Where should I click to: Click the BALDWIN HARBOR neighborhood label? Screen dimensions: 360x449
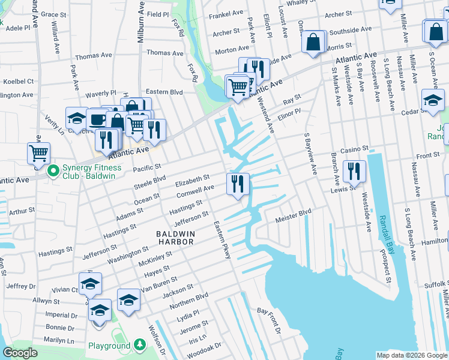[175, 237]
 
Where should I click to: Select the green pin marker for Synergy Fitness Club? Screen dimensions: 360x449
[53, 172]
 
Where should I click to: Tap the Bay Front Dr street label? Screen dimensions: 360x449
[270, 320]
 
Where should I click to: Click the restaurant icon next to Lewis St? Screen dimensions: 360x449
[354, 171]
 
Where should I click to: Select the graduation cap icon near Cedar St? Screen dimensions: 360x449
[432, 99]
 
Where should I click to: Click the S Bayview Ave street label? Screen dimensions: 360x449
[310, 154]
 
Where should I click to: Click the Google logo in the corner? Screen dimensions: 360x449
[20, 353]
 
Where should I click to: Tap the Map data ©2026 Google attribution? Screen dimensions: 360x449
[412, 355]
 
